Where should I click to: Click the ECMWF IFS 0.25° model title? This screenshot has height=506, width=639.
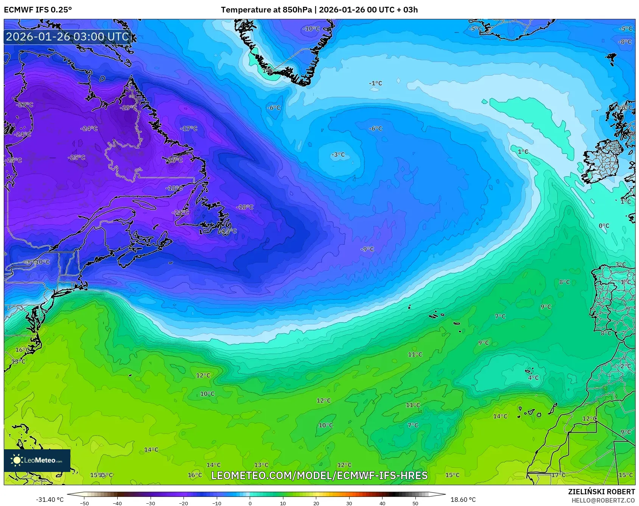coord(38,10)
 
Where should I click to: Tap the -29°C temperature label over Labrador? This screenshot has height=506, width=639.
coord(128,108)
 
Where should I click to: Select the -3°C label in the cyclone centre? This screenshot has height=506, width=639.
coord(338,155)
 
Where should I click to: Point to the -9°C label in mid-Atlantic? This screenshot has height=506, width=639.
coord(367,249)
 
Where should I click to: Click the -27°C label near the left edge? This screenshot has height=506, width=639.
coord(25,105)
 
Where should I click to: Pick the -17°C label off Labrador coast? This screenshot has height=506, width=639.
coord(189,129)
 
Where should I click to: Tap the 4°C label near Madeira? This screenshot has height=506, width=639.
coord(533,378)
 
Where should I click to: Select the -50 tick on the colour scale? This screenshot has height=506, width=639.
coord(84,503)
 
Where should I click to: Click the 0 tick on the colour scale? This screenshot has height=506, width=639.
coord(250,503)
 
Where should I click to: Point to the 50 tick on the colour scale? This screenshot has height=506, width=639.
coord(415,503)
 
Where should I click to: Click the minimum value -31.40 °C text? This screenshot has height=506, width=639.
coord(50,500)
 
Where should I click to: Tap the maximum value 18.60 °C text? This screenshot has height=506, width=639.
coord(463,500)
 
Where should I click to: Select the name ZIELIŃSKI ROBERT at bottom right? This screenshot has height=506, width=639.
coord(601,492)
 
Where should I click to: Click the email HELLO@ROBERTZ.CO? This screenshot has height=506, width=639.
coord(603,500)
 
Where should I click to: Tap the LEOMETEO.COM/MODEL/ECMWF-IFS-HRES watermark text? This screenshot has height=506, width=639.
coord(319,475)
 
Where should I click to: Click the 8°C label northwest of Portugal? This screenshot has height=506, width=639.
coord(564,282)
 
